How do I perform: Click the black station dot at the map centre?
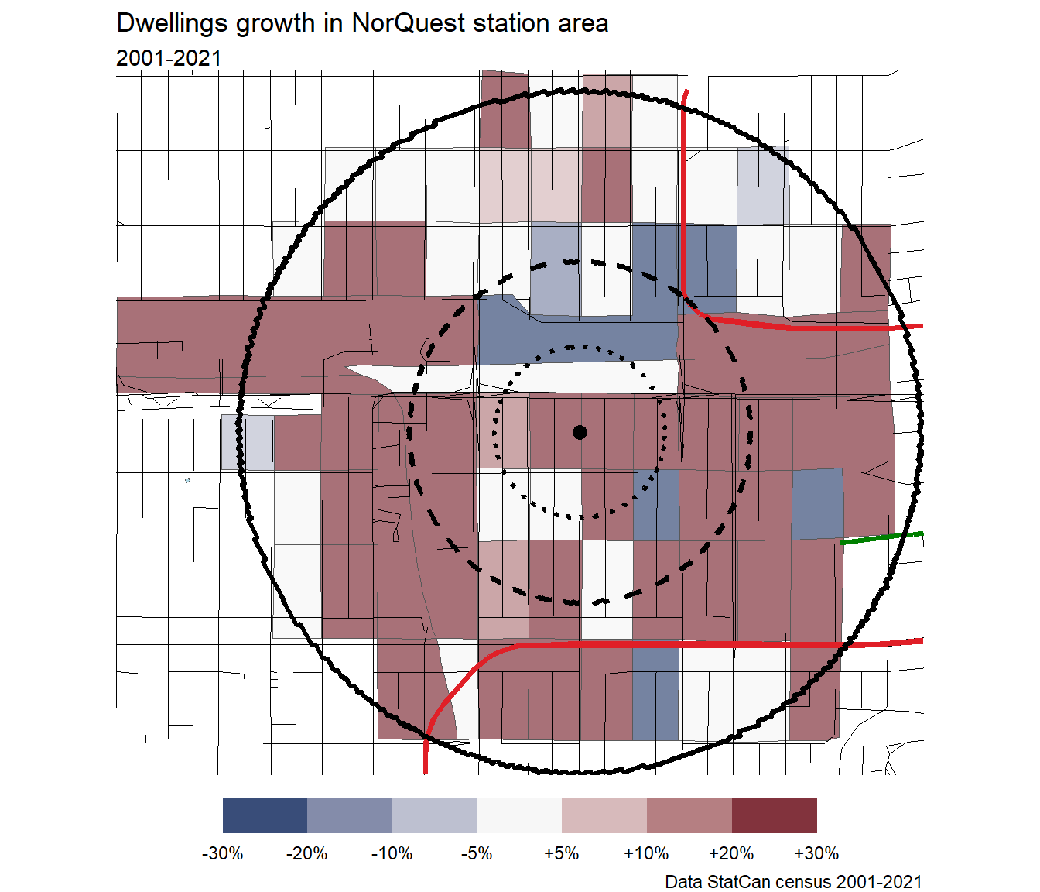(580, 432)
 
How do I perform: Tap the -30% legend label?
(222, 853)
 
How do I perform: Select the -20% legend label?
(306, 853)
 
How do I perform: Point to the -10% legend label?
(392, 853)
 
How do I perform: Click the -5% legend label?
(477, 853)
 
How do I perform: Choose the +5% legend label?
(561, 853)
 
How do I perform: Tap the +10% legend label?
(646, 853)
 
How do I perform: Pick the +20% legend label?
(731, 853)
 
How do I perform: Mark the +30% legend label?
(816, 853)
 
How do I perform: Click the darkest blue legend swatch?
(265, 815)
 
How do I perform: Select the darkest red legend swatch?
(775, 815)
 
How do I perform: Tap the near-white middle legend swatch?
(519, 815)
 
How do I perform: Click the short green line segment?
(881, 537)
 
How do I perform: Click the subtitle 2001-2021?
(169, 58)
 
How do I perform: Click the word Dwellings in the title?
(172, 23)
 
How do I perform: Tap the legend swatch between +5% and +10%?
(604, 815)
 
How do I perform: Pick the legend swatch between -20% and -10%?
(350, 815)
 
